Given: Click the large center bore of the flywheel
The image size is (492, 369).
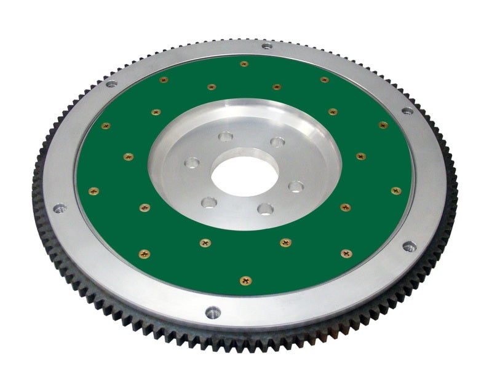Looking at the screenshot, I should [240, 173].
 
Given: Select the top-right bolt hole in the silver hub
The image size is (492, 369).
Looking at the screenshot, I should [278, 142].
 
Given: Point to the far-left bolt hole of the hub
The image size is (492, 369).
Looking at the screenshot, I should [193, 163].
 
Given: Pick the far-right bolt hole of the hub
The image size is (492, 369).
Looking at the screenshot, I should [296, 186].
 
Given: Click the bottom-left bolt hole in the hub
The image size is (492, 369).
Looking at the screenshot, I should [210, 202].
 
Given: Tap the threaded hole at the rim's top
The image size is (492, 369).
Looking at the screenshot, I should [266, 46].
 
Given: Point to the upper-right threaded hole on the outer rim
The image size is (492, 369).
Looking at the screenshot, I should [407, 111].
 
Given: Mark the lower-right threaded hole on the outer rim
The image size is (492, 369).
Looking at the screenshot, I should [409, 247].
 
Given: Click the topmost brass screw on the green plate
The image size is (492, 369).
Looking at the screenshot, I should [244, 63].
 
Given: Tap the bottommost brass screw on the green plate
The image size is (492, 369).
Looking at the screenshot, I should [245, 280].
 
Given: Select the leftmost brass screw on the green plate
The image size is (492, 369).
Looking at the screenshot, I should [93, 191].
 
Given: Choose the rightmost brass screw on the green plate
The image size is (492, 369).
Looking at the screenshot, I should [396, 191].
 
